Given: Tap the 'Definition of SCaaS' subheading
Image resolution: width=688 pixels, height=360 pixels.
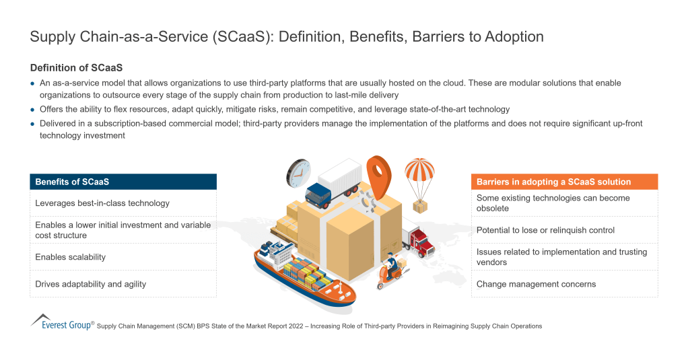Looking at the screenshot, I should coord(76,68).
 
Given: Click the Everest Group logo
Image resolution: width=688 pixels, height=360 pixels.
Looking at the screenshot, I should coord(61,322).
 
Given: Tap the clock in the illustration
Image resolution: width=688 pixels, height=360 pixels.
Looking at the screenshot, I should coord(298,173).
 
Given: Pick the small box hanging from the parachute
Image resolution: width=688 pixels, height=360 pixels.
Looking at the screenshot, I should coord(420,207).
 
